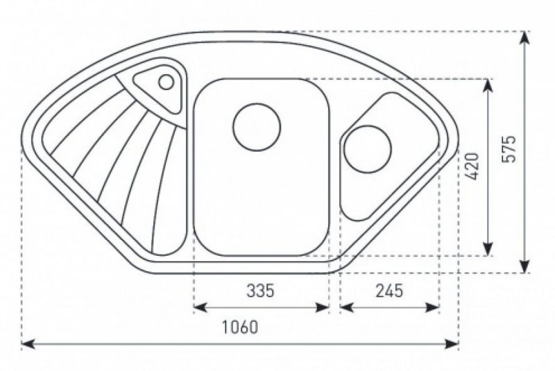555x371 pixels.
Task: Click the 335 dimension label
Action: tap(260, 291)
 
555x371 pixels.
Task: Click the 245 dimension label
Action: tap(389, 291)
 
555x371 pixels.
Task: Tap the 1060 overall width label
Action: tap(240, 327)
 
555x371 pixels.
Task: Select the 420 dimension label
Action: tap(472, 166)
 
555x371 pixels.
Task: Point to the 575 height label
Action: tap(509, 149)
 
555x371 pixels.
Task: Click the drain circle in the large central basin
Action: tap(257, 128)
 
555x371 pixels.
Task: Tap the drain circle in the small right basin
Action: tap(368, 148)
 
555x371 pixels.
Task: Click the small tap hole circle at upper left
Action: tap(166, 82)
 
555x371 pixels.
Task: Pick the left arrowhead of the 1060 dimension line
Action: tap(28, 343)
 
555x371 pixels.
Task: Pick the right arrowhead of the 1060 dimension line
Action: tap(452, 343)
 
